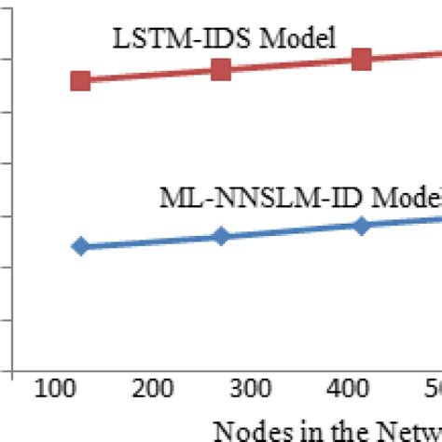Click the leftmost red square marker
pos(80,80)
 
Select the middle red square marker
pos(221,69)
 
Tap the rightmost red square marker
pos(362,60)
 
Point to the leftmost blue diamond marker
pos(80,246)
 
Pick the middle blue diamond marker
pos(221,236)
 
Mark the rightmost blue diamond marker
pos(362,226)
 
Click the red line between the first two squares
pos(149,75)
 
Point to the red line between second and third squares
pos(291,64)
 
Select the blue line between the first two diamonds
pos(149,242)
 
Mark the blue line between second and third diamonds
pos(291,230)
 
